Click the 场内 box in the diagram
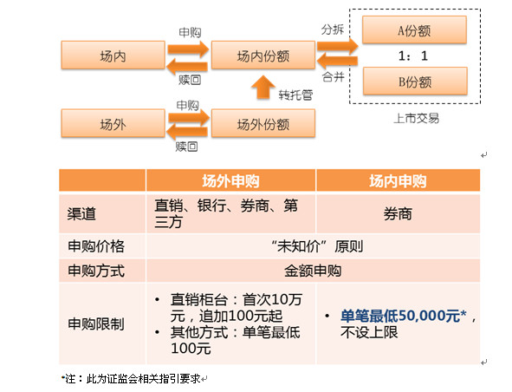tap(113, 55)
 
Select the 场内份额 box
tap(263, 55)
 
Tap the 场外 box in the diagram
tap(113, 123)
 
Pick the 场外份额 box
tap(263, 123)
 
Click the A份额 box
tap(414, 29)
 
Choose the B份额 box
tap(415, 81)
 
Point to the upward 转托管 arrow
tap(263, 88)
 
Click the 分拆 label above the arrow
tap(333, 29)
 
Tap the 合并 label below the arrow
tap(333, 77)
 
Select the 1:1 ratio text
tap(413, 56)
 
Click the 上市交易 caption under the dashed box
tap(417, 118)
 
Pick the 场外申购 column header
tap(230, 180)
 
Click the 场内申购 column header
tap(398, 180)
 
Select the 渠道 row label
tap(81, 214)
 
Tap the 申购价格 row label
tap(96, 245)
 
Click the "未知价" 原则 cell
tap(317, 245)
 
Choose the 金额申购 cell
tap(313, 271)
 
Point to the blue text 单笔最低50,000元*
tap(404, 316)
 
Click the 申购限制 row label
tap(96, 324)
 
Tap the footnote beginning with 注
tap(132, 379)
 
